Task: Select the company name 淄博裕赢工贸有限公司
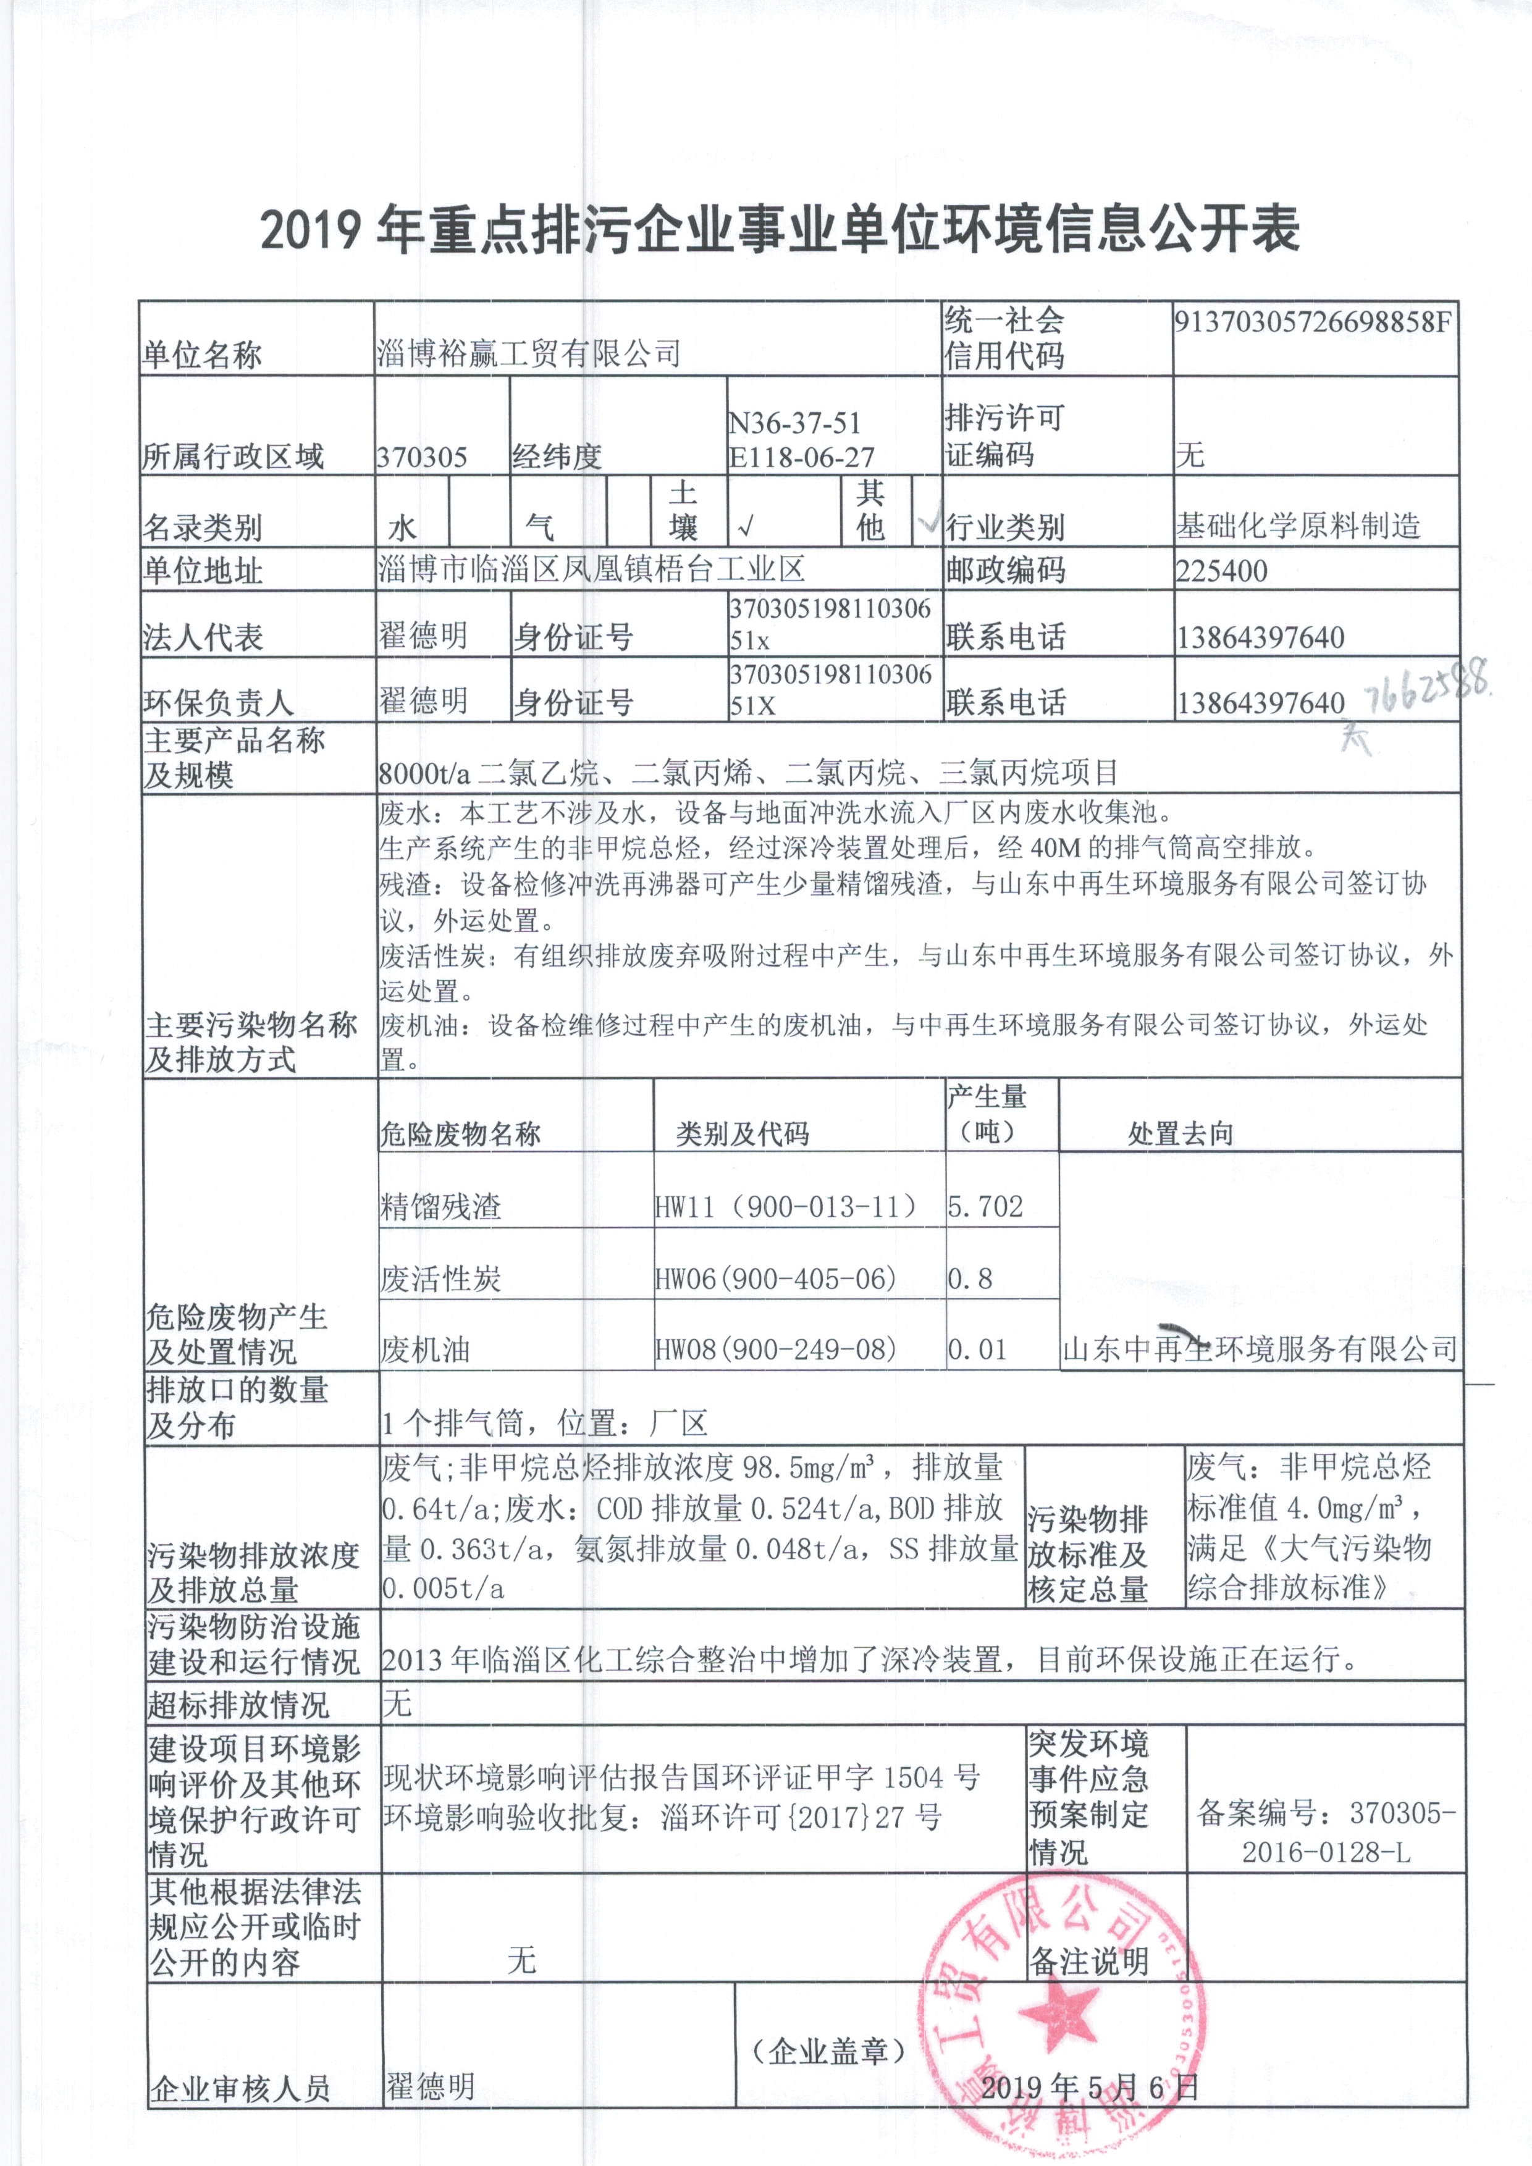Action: coord(528,355)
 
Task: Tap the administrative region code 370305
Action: coord(422,458)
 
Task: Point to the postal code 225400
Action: coord(1222,571)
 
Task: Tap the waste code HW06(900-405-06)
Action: coord(775,1279)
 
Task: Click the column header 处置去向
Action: coord(1180,1134)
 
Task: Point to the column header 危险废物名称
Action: coord(460,1134)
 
